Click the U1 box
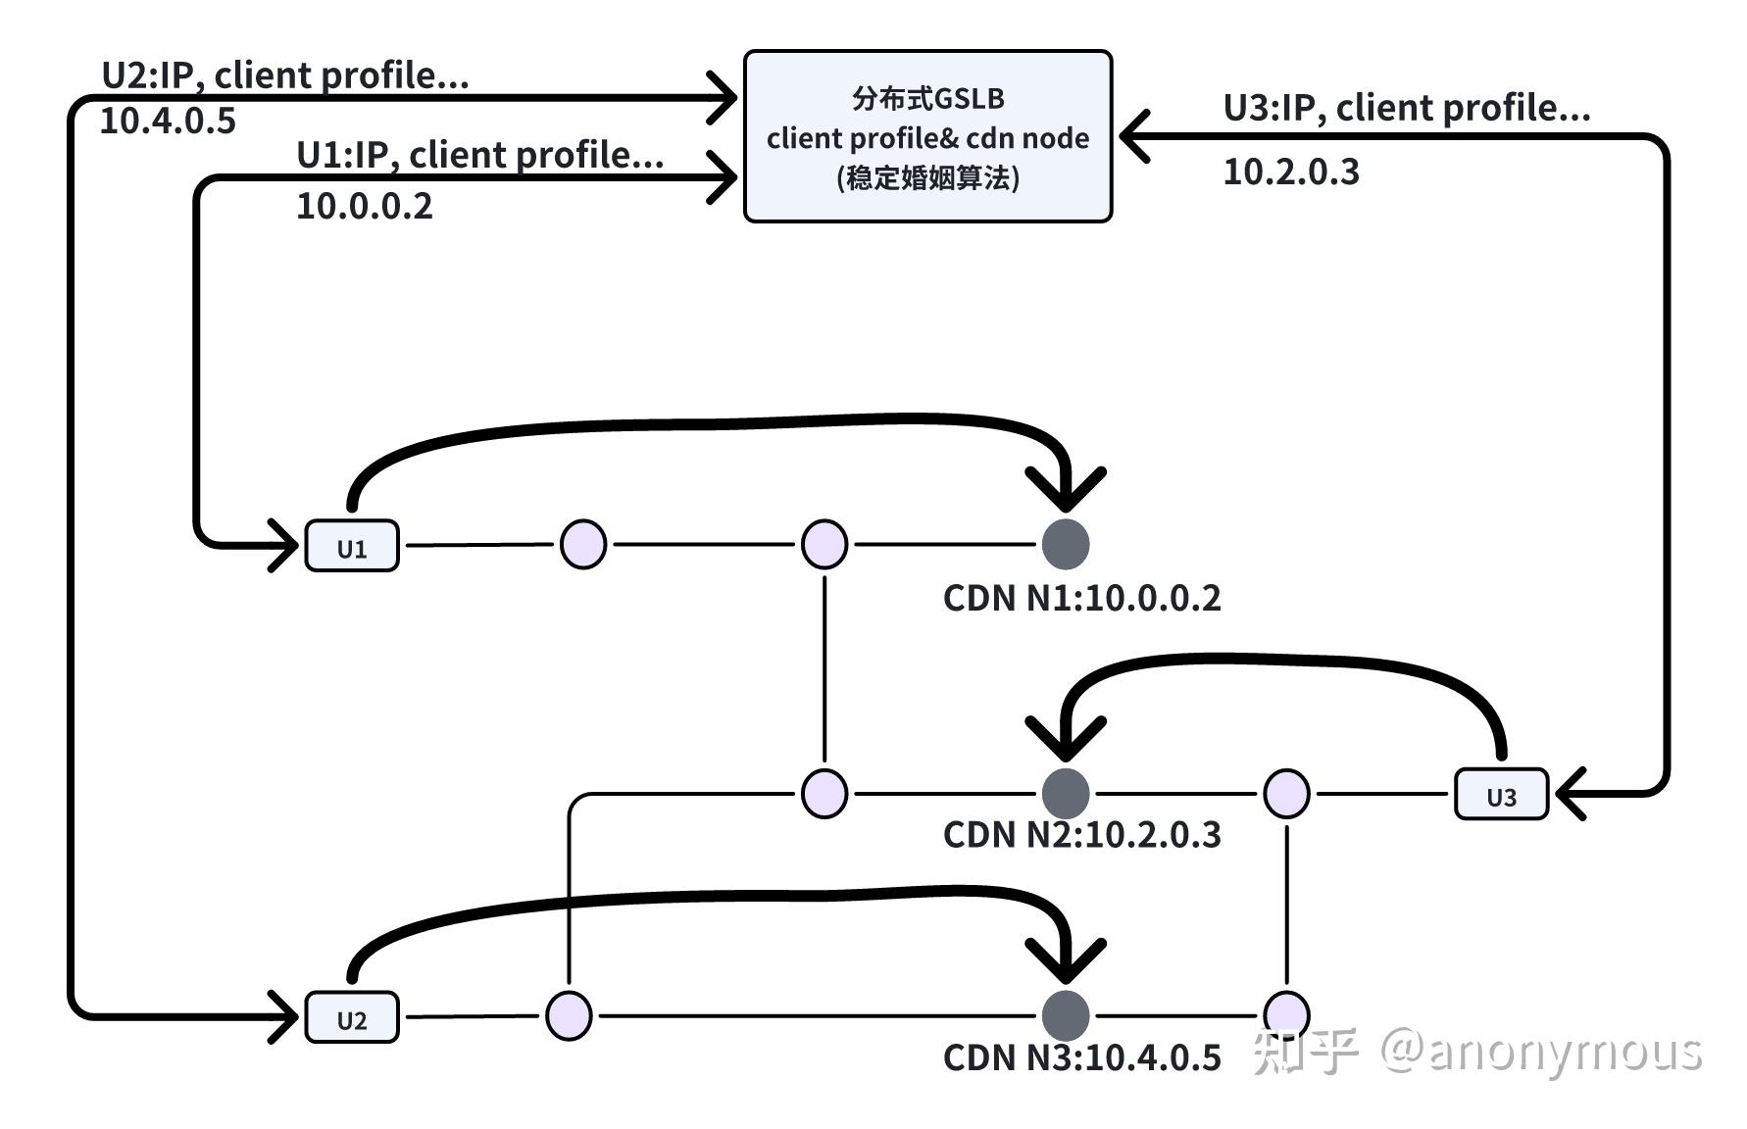coord(352,546)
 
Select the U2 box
coord(352,1017)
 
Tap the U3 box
coord(1501,794)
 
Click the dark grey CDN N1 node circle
coord(1065,544)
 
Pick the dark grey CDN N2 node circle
coord(1065,793)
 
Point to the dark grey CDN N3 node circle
coord(1065,1015)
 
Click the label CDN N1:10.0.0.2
coord(1081,598)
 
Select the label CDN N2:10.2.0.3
coord(1081,835)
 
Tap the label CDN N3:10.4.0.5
coord(1081,1057)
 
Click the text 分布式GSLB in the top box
coord(927,98)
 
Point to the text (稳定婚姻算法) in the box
coord(927,178)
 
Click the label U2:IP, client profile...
coord(284,74)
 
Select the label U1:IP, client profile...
coord(479,155)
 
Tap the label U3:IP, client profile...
coord(1406,108)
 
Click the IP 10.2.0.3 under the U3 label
coord(1291,172)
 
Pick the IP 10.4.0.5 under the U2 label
coord(168,121)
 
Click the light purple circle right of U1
coord(582,544)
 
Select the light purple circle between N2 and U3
coord(1286,793)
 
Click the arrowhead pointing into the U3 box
coord(1569,793)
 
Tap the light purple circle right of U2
coord(569,1015)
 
